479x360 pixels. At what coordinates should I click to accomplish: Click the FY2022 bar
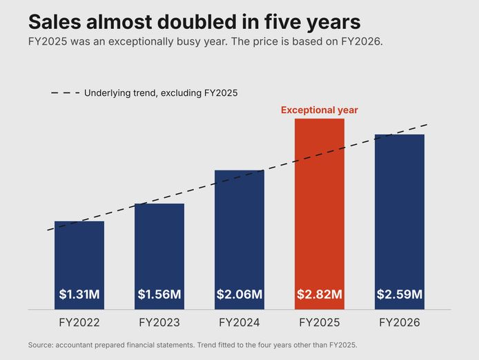[x=79, y=265]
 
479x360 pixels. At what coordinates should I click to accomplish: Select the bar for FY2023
[x=159, y=257]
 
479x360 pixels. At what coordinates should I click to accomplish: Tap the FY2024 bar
[x=239, y=240]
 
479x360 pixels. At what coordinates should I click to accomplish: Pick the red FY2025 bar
[x=320, y=214]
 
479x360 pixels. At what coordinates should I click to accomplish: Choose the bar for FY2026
[x=400, y=222]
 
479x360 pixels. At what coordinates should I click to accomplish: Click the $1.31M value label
[x=79, y=294]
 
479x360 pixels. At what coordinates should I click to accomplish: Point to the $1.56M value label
[x=159, y=294]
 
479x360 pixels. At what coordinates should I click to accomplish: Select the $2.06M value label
[x=239, y=294]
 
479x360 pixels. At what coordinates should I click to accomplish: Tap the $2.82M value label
[x=320, y=294]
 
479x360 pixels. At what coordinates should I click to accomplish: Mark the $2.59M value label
[x=400, y=294]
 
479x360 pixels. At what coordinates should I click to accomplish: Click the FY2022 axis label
[x=79, y=323]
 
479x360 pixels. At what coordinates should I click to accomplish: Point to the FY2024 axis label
[x=239, y=323]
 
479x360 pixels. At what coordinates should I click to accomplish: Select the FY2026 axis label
[x=400, y=323]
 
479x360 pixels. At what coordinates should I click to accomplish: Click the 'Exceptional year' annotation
[x=320, y=110]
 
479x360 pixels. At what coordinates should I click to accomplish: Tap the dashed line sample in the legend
[x=66, y=92]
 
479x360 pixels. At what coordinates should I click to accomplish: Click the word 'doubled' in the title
[x=197, y=21]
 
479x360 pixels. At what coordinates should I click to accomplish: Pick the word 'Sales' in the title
[x=55, y=21]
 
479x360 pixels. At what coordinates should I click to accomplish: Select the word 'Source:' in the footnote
[x=41, y=345]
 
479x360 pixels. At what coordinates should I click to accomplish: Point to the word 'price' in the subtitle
[x=266, y=41]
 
